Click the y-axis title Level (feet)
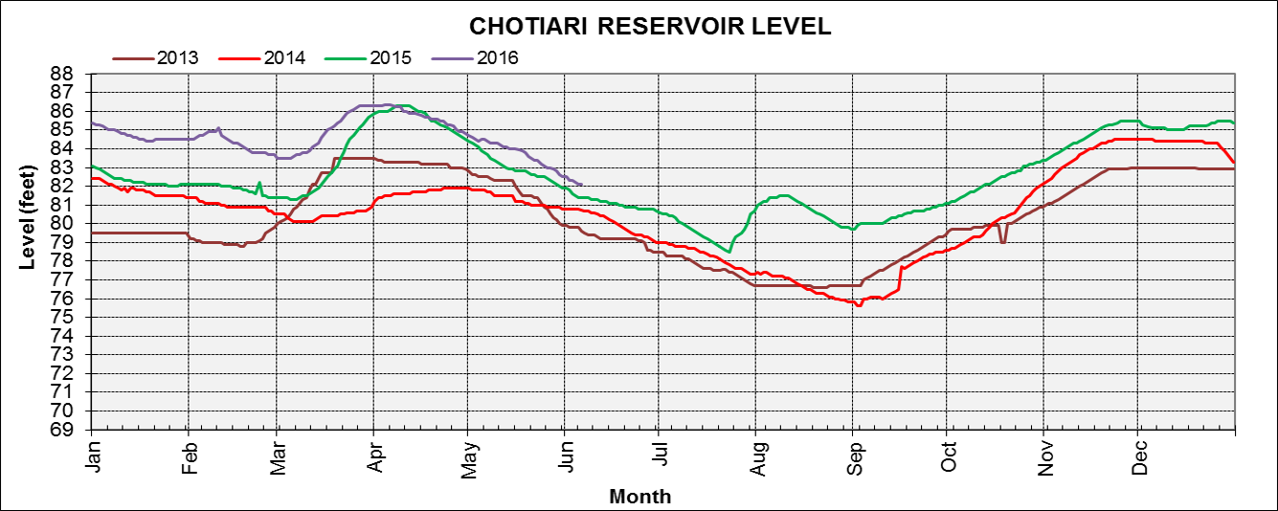[28, 215]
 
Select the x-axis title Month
[639, 497]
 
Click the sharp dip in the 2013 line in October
[1002, 242]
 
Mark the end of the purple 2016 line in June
[583, 185]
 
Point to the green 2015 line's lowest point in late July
[729, 252]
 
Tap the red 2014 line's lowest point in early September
[860, 305]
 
